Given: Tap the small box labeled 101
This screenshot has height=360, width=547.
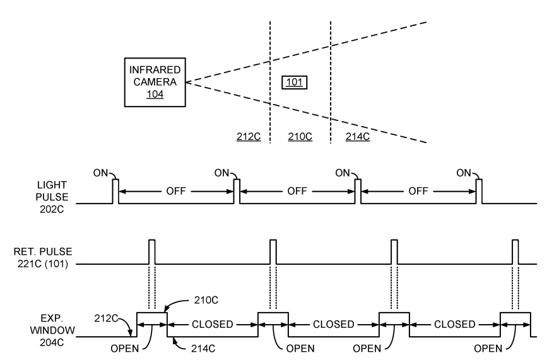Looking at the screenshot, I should click(294, 83).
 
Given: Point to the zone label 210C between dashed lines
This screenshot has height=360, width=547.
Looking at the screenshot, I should click(300, 136).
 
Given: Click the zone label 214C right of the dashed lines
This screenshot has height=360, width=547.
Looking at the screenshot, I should click(358, 136).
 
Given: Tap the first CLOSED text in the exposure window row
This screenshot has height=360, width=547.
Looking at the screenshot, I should click(213, 324).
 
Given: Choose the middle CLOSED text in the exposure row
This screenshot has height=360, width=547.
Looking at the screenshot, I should click(334, 324).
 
